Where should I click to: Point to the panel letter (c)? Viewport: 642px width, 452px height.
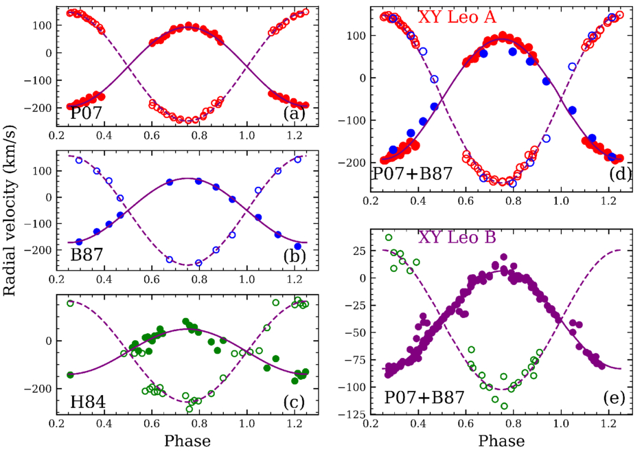[x=295, y=402]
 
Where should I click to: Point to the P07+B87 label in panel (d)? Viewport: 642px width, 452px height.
[x=412, y=174]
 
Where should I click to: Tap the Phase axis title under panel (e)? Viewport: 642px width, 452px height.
[x=501, y=440]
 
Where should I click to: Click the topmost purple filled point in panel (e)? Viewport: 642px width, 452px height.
[x=503, y=257]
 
